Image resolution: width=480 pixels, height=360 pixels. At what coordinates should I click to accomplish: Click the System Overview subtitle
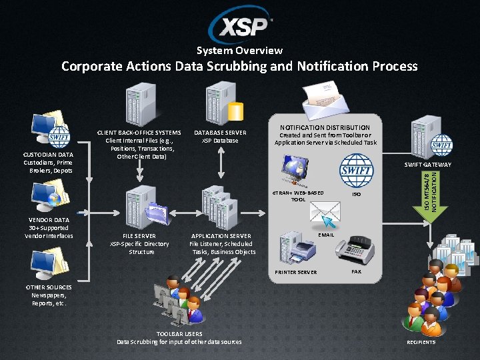pos(240,51)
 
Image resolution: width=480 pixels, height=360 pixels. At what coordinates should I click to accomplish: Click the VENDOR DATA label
pos(49,219)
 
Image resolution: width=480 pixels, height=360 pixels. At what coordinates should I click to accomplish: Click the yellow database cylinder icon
pos(235,111)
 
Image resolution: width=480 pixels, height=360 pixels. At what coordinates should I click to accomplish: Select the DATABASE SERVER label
pos(220,133)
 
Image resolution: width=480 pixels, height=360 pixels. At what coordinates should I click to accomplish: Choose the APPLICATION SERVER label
pos(221,236)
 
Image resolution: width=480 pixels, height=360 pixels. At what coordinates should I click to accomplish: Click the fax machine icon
pos(353,249)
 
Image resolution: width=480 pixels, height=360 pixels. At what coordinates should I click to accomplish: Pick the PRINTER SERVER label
pos(297,272)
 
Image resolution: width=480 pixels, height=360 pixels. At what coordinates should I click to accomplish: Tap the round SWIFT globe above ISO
pos(357,171)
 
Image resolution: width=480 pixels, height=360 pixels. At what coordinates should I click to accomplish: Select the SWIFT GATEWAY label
pos(428,165)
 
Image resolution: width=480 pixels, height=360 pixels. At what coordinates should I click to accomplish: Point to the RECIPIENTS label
pos(421,342)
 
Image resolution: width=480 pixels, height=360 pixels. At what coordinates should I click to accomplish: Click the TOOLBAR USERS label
pos(179,333)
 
